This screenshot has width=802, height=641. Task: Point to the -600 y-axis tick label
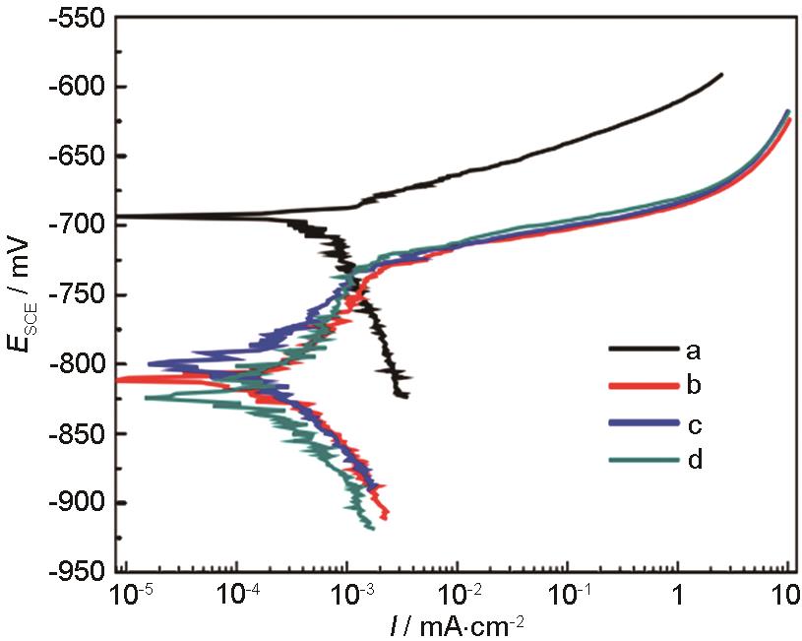tap(79, 87)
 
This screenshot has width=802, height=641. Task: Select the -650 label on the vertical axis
tap(79, 156)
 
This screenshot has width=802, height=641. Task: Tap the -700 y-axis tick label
tap(79, 225)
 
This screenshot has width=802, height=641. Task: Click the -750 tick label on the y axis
tap(79, 294)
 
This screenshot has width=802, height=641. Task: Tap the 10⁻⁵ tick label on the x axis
tap(130, 594)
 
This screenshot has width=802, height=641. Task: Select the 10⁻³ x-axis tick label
tap(346, 594)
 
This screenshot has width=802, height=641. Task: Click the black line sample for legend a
tap(645, 349)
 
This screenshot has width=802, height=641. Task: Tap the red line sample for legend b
tap(645, 385)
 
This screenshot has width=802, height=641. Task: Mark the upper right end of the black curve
tap(721, 75)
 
